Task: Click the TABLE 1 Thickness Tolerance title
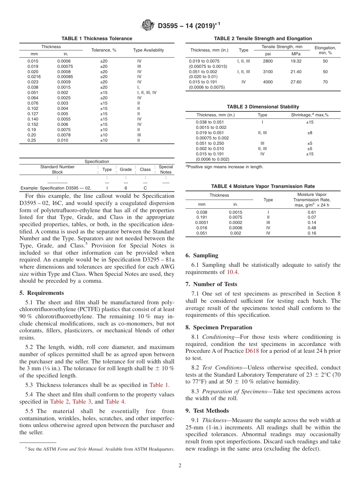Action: tap(97, 39)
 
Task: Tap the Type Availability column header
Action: tap(148, 50)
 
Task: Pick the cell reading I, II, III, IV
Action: tap(147, 92)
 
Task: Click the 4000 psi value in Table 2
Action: tap(268, 82)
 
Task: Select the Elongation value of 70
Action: tap(325, 82)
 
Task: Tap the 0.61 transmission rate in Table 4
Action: tap(311, 212)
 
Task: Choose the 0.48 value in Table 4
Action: tap(311, 228)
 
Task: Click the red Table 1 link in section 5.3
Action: tap(159, 385)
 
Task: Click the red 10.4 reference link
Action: tap(233, 272)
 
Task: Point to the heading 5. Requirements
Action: tap(42, 293)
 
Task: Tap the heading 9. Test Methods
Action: tap(207, 411)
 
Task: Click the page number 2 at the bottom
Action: tap(180, 466)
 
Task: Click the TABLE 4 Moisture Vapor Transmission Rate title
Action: tap(263, 186)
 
